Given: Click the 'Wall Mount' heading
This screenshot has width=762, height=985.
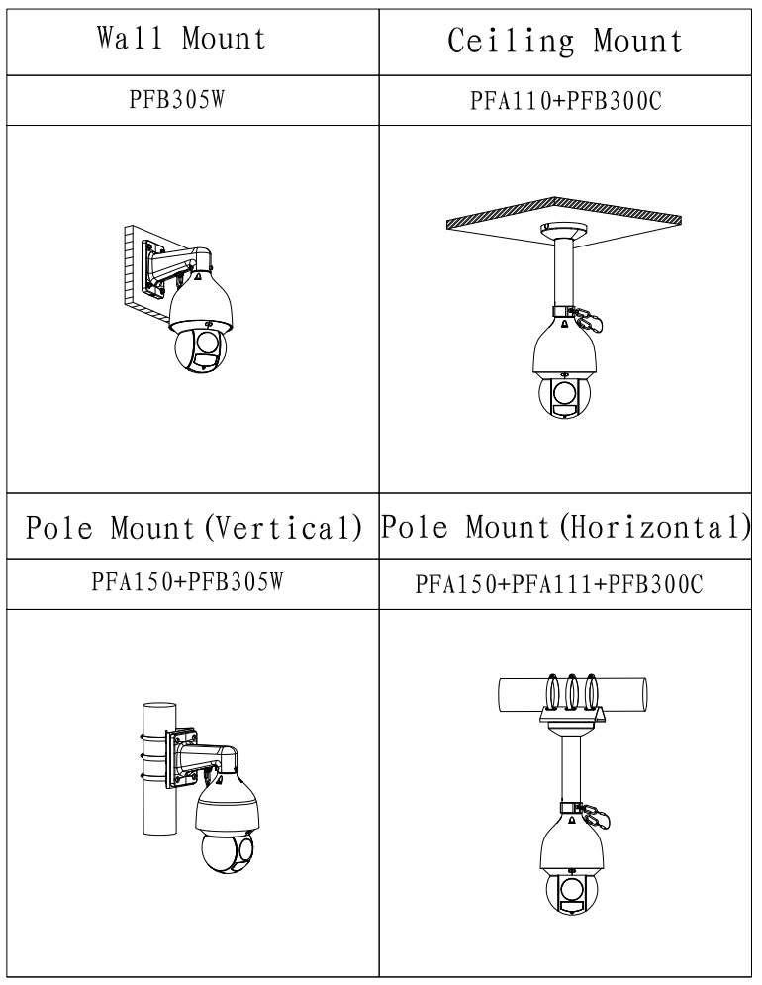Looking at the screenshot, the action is coord(181,38).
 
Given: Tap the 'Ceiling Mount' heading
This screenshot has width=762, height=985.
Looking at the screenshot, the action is coord(565,41).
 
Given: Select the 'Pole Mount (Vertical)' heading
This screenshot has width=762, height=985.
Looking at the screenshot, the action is coord(194,527).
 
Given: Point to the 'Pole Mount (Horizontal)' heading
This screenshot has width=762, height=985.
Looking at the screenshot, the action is coord(565,527).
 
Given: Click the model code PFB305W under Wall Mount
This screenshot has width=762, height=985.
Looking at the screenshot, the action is coord(177,99).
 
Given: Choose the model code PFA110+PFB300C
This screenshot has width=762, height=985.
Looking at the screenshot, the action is coord(565,101).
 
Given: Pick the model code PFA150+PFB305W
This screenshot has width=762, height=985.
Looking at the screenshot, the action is coord(187,582).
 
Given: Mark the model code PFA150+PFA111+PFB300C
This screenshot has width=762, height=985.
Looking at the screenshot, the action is coord(558,585).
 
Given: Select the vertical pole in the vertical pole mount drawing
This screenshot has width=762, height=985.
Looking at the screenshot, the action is coord(159,769).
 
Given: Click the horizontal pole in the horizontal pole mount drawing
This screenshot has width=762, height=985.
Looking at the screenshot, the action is coord(572,695).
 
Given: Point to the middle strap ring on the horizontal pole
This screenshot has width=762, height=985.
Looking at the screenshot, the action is coord(572,693).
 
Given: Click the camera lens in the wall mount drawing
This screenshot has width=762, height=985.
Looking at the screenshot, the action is coord(206,344).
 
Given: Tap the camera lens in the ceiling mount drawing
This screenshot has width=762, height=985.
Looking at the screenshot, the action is coord(562,393).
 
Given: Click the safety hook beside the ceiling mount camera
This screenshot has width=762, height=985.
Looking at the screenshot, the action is coord(589,321).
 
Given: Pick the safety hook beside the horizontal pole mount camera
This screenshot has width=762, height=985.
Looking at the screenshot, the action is coord(596,818).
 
